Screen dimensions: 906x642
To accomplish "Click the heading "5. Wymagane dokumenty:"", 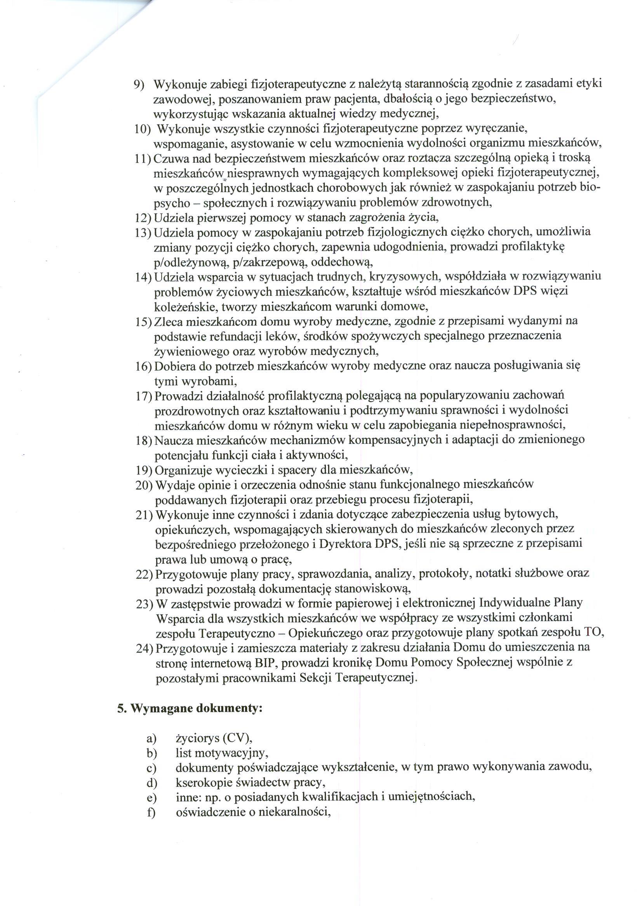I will [x=190, y=709].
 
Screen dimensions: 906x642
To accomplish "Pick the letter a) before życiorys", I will [x=151, y=738].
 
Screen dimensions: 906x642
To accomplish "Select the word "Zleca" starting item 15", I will [x=168, y=322].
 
